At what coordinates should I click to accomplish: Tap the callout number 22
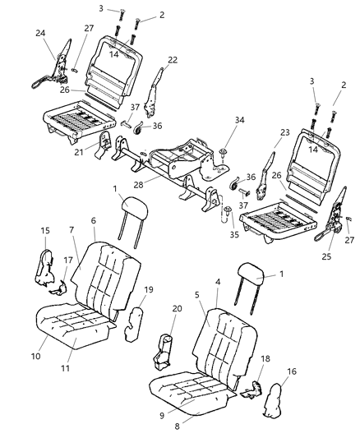click(172, 59)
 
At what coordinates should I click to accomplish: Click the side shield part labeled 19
click(132, 321)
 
